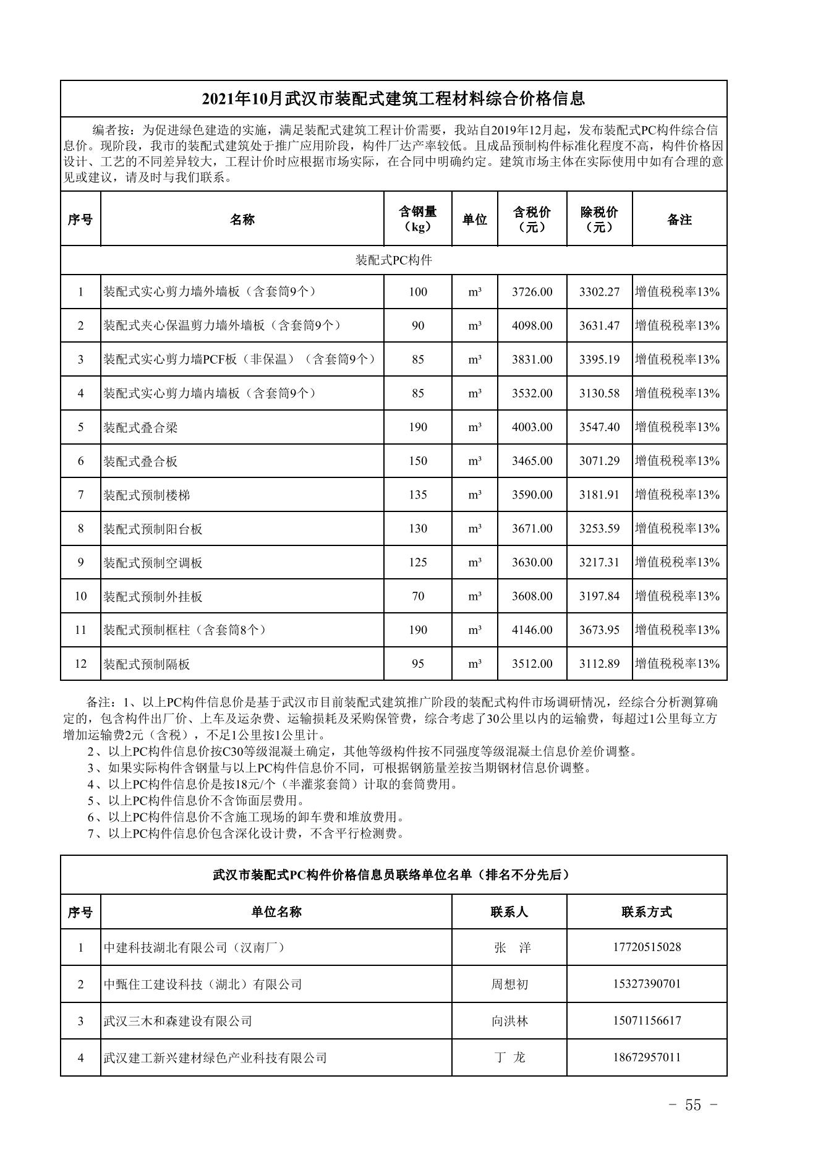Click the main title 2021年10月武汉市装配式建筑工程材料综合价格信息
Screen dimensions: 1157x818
pos(393,99)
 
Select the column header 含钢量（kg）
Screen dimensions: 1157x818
pos(417,219)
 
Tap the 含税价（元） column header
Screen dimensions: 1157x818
pos(532,219)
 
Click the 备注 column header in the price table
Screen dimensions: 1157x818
pos(679,220)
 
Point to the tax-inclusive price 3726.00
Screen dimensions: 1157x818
pos(532,292)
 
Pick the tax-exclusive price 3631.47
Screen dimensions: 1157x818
pos(599,326)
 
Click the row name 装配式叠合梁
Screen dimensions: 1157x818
pos(140,427)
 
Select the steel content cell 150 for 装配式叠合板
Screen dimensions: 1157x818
pos(417,461)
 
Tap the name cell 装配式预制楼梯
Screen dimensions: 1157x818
pos(147,495)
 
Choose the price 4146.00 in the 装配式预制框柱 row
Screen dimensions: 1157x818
pos(532,630)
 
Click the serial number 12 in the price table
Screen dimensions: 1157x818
pos(80,664)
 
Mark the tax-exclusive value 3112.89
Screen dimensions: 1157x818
pos(599,664)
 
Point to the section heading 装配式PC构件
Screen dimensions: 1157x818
pos(393,260)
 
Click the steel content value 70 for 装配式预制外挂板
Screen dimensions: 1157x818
pos(417,597)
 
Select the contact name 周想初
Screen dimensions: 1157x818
pos(509,984)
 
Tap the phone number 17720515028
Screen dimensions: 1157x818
pos(647,947)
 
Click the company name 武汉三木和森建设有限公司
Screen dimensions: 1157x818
pos(178,1021)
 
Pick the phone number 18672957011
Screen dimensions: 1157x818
pos(647,1057)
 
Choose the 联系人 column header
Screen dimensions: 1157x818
pos(509,912)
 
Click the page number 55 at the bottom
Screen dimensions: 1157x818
pos(692,1105)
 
